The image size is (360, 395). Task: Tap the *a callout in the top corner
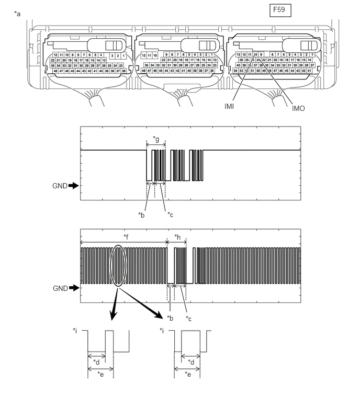18,13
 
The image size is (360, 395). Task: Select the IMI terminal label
229,107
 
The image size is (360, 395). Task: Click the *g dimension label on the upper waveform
156,139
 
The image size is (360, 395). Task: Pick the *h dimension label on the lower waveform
177,236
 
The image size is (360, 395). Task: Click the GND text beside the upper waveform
59,185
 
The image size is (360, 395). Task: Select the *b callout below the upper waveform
141,215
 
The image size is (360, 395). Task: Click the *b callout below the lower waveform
169,318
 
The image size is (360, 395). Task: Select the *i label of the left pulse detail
76,331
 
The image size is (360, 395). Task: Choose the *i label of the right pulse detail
163,331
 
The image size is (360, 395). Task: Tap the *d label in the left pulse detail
96,362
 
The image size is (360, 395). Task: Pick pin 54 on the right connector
235,70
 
